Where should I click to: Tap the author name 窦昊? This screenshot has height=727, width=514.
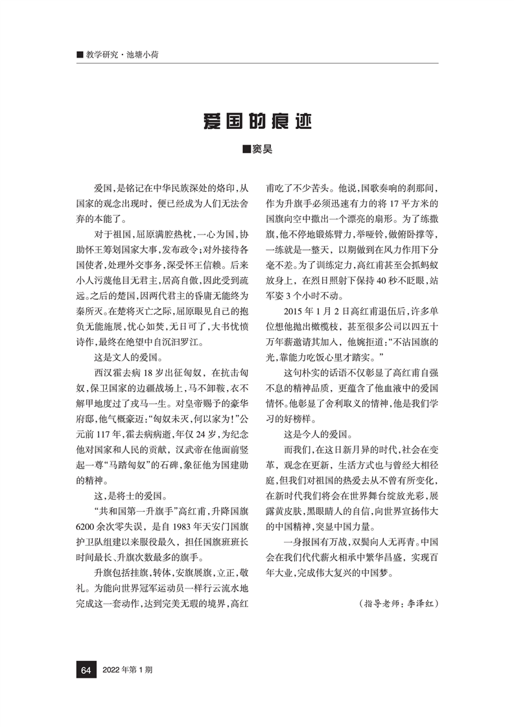(257, 150)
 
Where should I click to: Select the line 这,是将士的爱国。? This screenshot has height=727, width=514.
(126, 498)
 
